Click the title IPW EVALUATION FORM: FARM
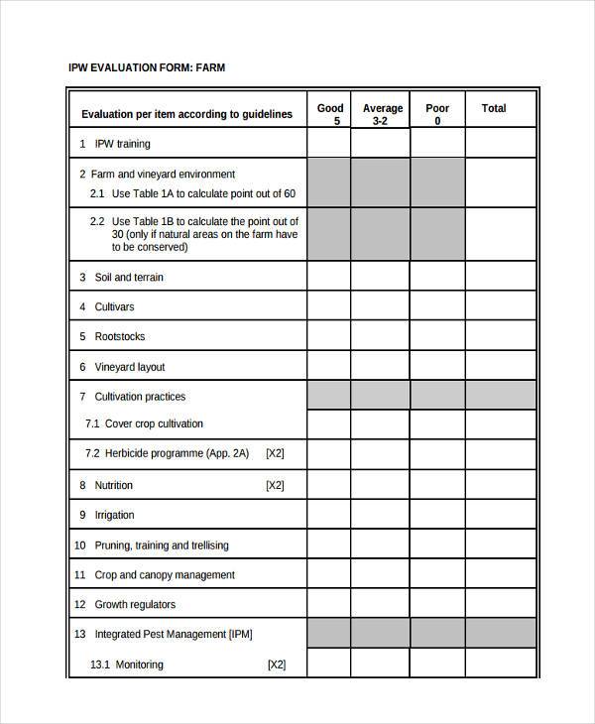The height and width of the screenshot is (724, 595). coord(146,68)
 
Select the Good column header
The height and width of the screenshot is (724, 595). coord(329,114)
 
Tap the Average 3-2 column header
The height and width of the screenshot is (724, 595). coord(382,114)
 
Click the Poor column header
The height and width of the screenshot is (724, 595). coord(436,114)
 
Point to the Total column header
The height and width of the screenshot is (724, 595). coord(493,108)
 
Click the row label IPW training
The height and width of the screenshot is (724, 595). coord(122,144)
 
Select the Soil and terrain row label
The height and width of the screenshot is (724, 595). coord(128,278)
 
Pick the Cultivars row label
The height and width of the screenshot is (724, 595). coord(114,307)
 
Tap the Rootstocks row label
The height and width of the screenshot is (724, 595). coord(119,337)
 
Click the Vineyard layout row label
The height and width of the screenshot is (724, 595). coord(129,367)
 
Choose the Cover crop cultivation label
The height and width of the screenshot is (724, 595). coord(154,423)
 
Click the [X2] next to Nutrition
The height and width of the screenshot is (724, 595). coord(275,486)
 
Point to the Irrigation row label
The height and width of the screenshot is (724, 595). coord(114,516)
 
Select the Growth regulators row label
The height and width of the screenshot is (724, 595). coord(134,605)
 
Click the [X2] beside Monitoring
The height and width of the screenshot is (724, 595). coord(276,664)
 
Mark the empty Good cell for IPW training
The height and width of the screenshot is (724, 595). coord(328,144)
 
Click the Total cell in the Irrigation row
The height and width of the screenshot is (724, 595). coord(500,516)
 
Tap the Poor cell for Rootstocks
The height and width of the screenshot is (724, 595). coord(436,337)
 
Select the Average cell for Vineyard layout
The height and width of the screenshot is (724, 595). coord(380,367)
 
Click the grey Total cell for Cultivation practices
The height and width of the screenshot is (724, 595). coord(500,396)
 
